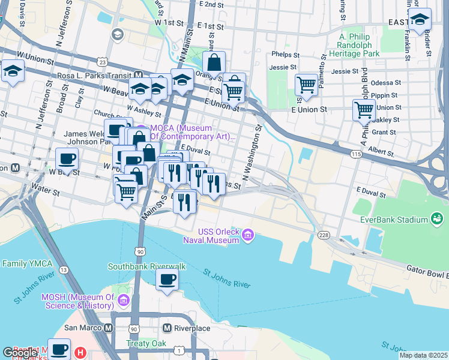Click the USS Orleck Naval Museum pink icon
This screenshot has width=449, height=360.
click(247, 236)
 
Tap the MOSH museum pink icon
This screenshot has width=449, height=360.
click(124, 299)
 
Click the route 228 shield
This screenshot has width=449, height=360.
click(324, 235)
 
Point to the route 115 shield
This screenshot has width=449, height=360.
click(356, 154)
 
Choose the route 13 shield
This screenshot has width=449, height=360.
click(62, 270)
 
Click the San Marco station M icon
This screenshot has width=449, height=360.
click(108, 328)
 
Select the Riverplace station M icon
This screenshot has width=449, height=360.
click(167, 328)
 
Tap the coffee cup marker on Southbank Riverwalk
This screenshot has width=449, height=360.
click(167, 279)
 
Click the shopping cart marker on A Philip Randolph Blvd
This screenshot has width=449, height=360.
click(364, 110)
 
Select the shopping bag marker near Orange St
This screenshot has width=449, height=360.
click(214, 62)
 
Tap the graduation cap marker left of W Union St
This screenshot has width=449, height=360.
click(12, 71)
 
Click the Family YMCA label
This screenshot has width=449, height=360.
click(28, 263)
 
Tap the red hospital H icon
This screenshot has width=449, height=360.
click(80, 353)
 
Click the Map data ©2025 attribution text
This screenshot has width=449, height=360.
click(423, 355)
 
